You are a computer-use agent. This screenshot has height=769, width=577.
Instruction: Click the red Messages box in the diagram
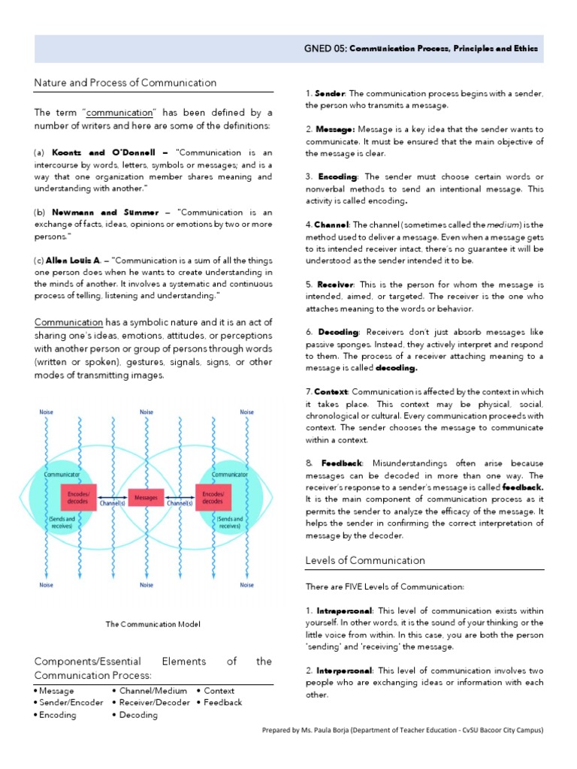pos(146,497)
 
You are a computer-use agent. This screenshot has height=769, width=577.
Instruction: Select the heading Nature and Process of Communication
pos(125,83)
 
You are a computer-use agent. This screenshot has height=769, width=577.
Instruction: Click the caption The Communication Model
pos(153,624)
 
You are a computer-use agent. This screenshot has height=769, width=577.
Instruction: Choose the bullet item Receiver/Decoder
pos(153,703)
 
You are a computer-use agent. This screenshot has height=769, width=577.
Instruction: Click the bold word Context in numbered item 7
pos(331,391)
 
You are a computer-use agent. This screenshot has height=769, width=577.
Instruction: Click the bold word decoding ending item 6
pos(396,368)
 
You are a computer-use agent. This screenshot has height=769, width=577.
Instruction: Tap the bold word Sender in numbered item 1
pos(330,92)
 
